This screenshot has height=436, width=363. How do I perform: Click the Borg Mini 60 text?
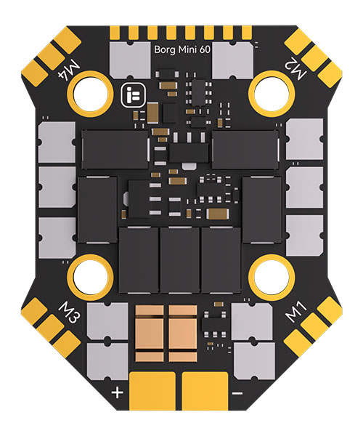pyautogui.click(x=182, y=50)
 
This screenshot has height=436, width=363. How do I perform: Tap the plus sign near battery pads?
pyautogui.click(x=117, y=393)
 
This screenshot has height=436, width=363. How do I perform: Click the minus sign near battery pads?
pyautogui.click(x=237, y=393)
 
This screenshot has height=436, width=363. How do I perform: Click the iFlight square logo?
pyautogui.click(x=134, y=95)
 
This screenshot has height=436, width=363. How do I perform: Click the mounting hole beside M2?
pyautogui.click(x=272, y=92)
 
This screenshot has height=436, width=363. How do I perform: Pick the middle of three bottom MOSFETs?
pyautogui.click(x=180, y=260)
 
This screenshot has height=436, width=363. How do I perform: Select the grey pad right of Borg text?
pyautogui.click(x=233, y=60)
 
